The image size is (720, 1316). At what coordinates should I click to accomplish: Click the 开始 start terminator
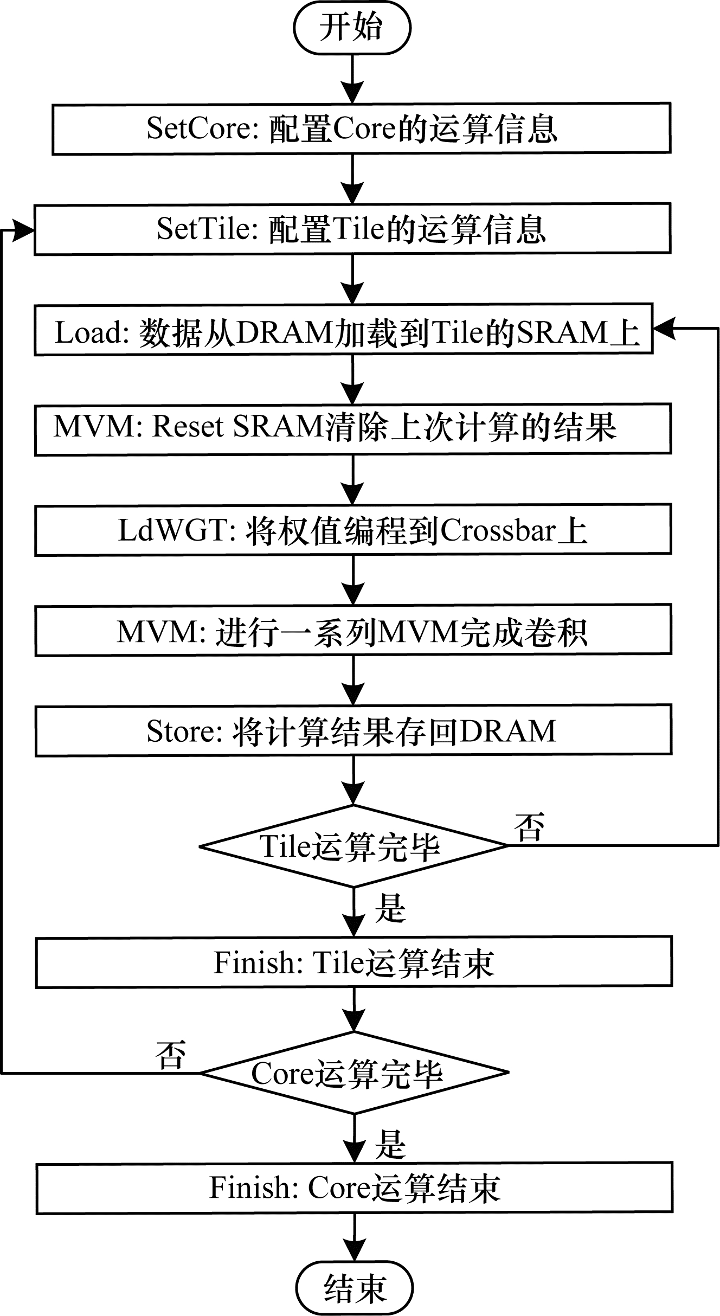[352, 28]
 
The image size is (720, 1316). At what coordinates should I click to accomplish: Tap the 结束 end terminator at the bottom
[355, 1288]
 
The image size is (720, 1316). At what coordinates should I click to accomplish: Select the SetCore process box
[361, 129]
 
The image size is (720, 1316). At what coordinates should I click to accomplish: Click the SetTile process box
[352, 228]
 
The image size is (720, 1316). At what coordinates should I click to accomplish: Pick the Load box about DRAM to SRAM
[343, 329]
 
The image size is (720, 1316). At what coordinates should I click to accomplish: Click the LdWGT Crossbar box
[353, 530]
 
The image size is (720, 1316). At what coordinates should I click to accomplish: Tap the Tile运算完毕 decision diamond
[353, 846]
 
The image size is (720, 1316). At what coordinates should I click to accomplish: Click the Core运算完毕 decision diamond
[353, 1073]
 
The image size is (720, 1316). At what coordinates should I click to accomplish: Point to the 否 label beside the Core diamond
[171, 1055]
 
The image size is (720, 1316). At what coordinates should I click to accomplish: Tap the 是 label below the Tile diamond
[390, 908]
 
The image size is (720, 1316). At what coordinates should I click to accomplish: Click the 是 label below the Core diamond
[390, 1144]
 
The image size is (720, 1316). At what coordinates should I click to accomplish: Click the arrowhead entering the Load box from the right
[663, 329]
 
